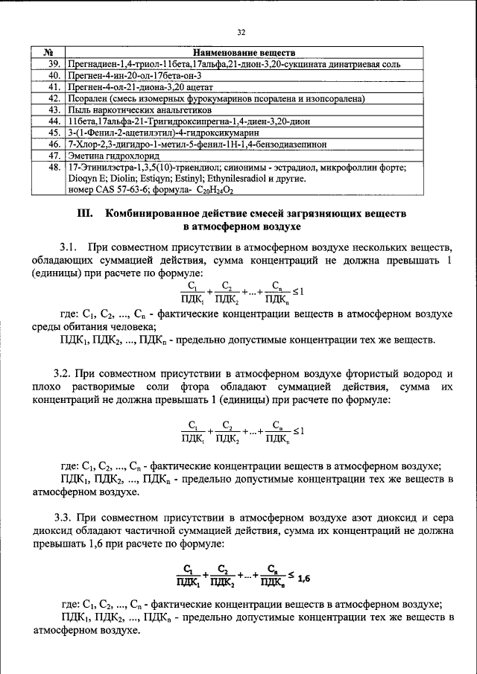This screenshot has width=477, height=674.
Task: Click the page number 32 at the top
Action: (x=241, y=32)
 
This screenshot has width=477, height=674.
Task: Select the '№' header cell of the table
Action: (x=47, y=54)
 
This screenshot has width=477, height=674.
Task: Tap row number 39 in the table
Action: (x=53, y=65)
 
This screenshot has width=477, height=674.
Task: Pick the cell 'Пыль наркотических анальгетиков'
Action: (x=130, y=109)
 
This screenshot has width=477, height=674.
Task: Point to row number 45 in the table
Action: (x=53, y=132)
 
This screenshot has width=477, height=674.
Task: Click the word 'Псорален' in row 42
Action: (x=88, y=98)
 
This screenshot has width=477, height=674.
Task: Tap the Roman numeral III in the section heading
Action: (x=86, y=213)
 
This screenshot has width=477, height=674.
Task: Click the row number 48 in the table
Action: (x=53, y=168)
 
